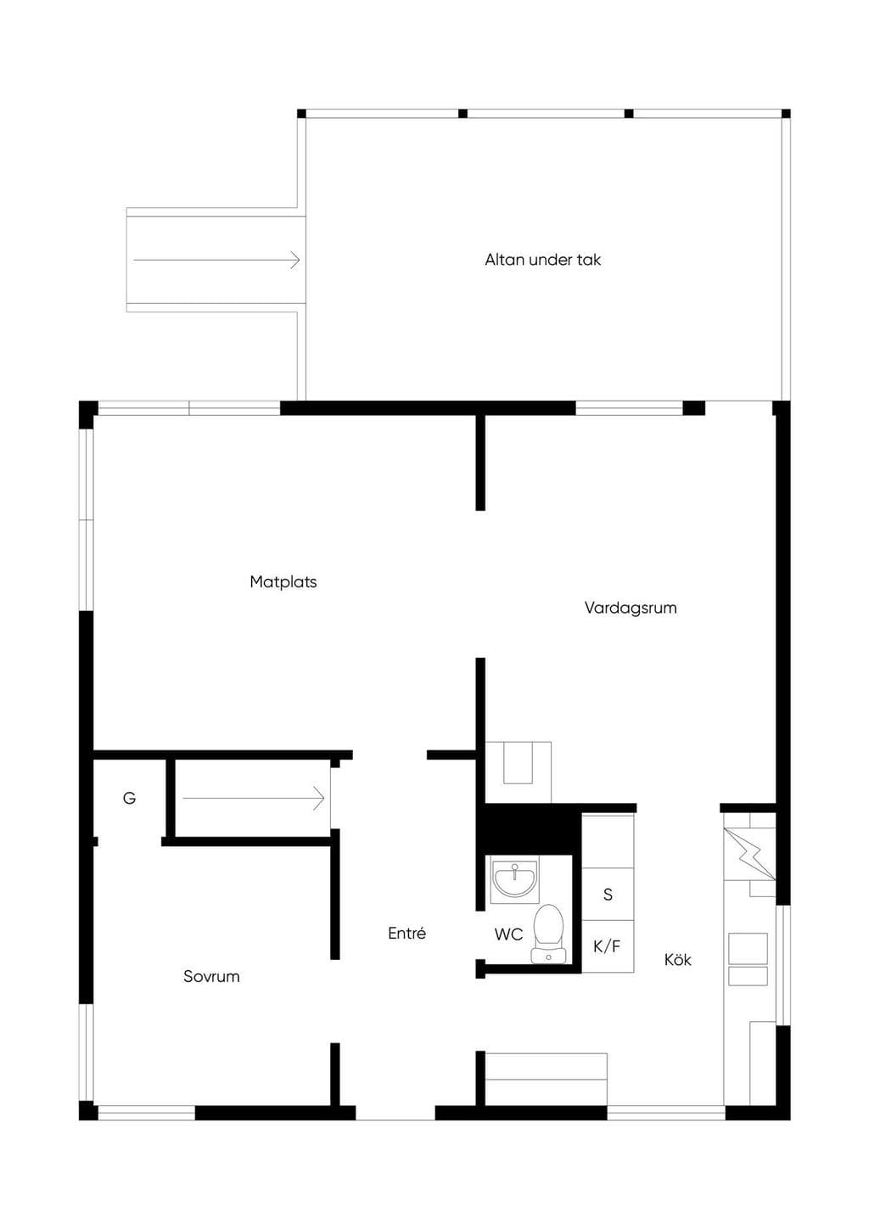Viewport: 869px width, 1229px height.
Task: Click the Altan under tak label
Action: [x=542, y=260]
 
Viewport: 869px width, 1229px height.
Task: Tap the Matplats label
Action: [x=283, y=581]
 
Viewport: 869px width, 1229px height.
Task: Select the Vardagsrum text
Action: [x=631, y=608]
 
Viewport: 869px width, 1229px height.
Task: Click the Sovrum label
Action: [x=211, y=976]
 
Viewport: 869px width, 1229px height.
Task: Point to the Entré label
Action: [x=406, y=933]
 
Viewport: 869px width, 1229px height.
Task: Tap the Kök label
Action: [x=677, y=960]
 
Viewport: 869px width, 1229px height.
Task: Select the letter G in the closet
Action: [x=130, y=798]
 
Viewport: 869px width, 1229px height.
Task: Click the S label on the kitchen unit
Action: [x=608, y=895]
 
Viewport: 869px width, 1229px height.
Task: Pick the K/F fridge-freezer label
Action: [x=607, y=946]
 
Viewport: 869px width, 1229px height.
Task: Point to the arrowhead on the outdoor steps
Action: [x=295, y=260]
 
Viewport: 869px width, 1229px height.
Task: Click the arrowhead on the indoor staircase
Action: [x=319, y=799]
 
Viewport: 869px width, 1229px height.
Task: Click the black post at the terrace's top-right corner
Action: [x=786, y=114]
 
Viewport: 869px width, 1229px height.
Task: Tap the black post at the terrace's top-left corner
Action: [x=301, y=114]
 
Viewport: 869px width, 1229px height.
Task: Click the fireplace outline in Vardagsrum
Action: [x=518, y=772]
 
